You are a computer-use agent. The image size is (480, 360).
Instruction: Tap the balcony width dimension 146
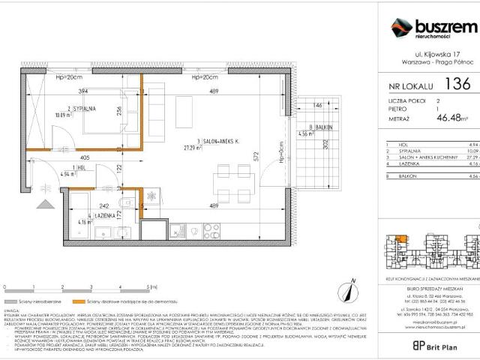click(x=318, y=106)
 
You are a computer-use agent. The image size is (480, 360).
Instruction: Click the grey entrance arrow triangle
click(x=46, y=202)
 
